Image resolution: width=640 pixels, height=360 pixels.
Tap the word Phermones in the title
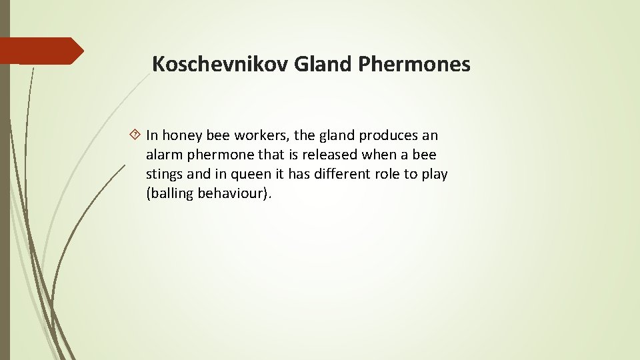[414, 64]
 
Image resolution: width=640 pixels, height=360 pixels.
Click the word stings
[164, 174]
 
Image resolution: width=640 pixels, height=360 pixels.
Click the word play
[434, 175]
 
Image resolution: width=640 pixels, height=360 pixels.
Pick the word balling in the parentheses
[171, 194]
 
